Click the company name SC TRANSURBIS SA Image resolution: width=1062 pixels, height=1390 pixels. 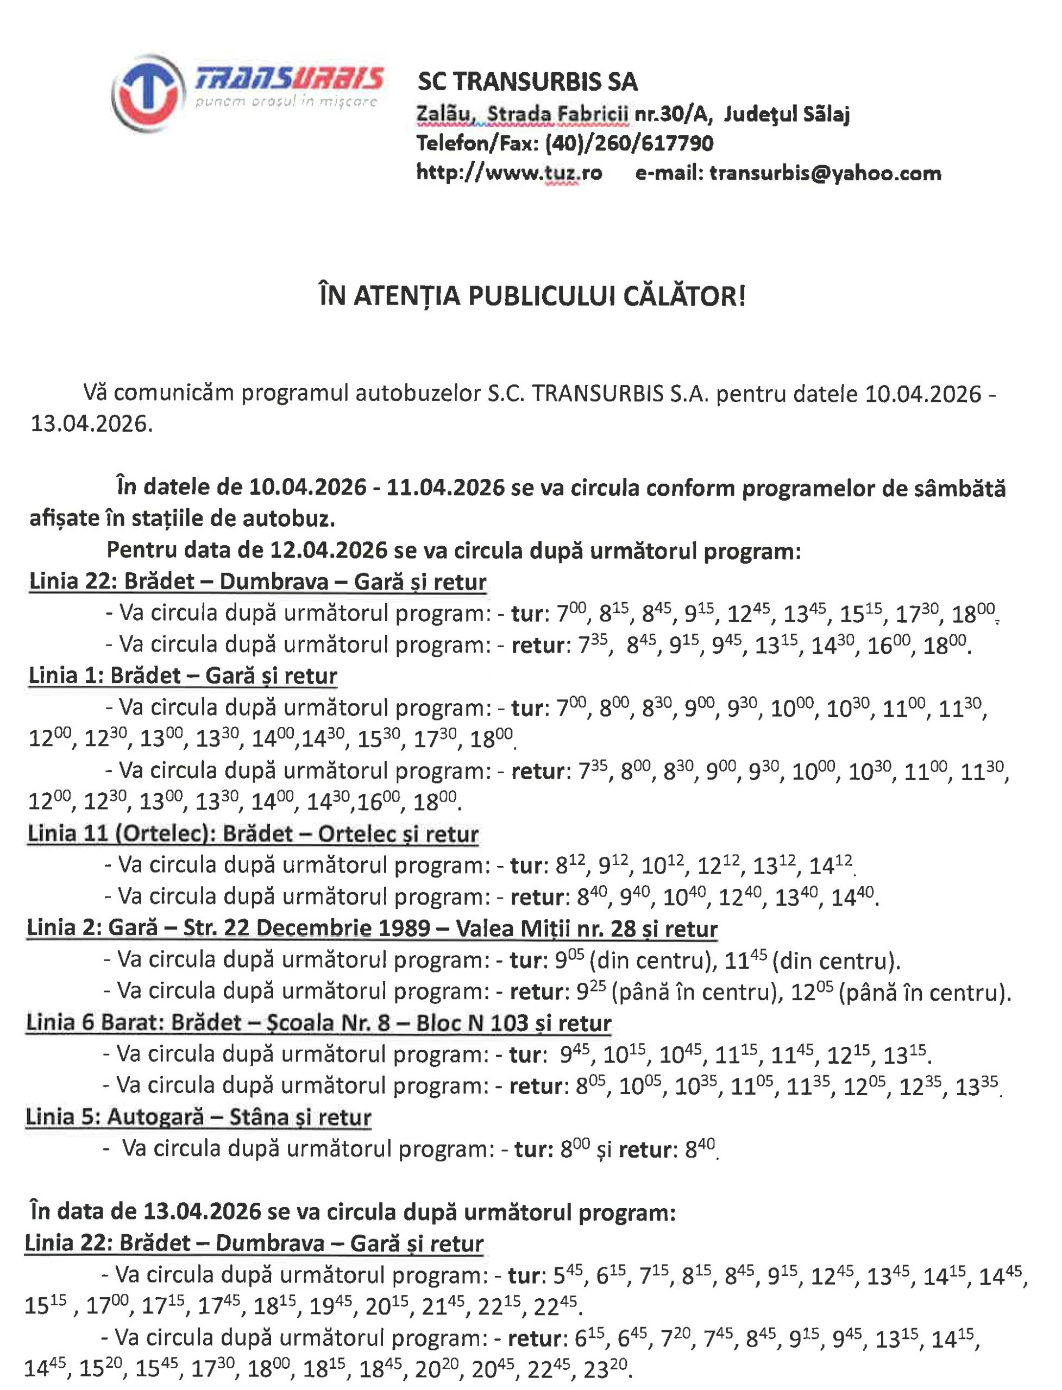click(x=527, y=81)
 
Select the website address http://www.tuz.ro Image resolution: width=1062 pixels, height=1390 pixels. click(x=509, y=173)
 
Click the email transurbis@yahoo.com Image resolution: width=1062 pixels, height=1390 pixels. click(x=825, y=173)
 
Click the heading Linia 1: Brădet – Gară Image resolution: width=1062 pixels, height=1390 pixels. click(x=183, y=675)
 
